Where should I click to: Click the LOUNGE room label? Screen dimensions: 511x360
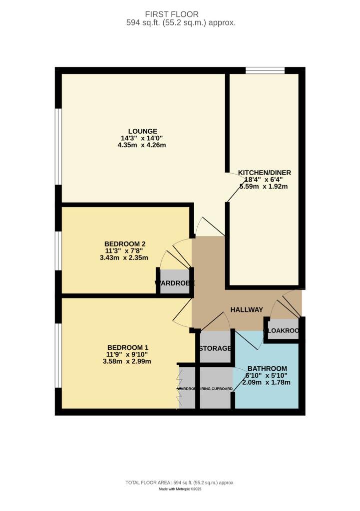point(142,131)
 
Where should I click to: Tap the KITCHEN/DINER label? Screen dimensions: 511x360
point(264,173)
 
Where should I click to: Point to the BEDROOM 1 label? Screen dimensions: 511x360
point(128,347)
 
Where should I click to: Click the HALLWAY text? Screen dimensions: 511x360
point(246,310)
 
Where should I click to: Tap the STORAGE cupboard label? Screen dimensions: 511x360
point(215,348)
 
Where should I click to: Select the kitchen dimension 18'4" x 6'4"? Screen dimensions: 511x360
point(264,180)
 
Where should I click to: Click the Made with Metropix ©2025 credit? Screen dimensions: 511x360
point(180,489)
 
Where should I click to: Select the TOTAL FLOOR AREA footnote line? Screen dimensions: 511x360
point(180,483)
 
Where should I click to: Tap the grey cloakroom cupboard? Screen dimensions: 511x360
point(283,331)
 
